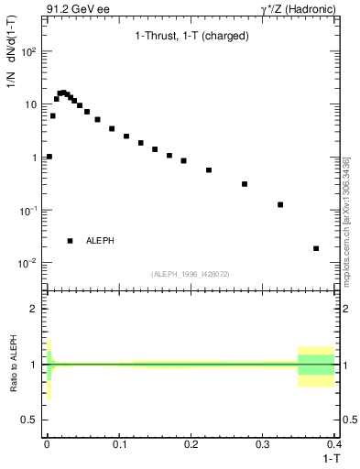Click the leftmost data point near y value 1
tap(49, 157)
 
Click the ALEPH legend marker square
tap(70, 241)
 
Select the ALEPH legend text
tap(100, 241)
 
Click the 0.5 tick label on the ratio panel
tap(31, 419)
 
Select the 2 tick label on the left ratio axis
tap(35, 309)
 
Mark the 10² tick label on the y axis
tap(30, 51)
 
